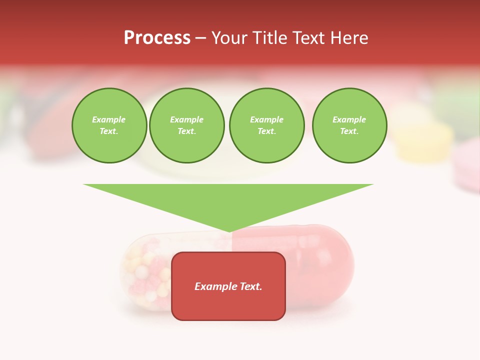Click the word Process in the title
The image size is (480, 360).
157,38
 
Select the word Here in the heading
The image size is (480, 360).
349,38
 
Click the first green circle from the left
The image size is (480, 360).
109,125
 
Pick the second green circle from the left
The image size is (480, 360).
187,125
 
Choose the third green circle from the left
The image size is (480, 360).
267,125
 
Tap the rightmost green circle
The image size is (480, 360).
349,125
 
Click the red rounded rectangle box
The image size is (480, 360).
228,305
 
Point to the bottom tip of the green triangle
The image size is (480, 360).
229,230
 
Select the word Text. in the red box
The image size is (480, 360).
250,286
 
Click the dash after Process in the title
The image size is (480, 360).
200,38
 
